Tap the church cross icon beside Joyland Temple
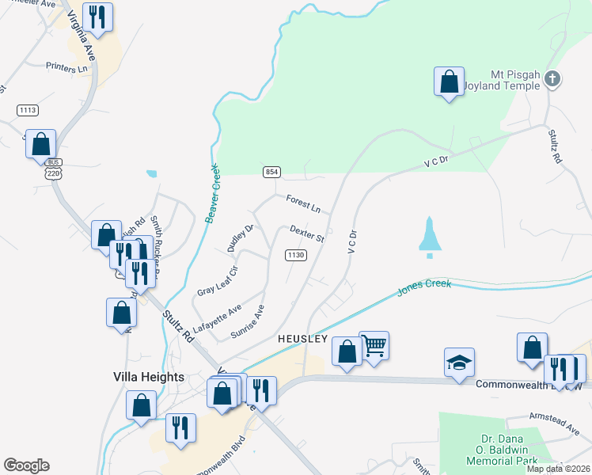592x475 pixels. click(553, 78)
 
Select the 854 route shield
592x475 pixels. click(271, 172)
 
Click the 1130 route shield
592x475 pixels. click(296, 254)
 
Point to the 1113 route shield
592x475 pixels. click(28, 110)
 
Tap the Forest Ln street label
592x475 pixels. click(304, 206)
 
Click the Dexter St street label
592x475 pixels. click(307, 234)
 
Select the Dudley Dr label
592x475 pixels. click(240, 237)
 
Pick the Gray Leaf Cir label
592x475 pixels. click(218, 279)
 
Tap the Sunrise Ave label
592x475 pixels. click(247, 321)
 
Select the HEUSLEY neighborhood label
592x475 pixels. click(302, 338)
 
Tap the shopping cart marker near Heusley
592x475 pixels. click(374, 344)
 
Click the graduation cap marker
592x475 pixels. click(459, 361)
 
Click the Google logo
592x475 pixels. click(26, 465)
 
